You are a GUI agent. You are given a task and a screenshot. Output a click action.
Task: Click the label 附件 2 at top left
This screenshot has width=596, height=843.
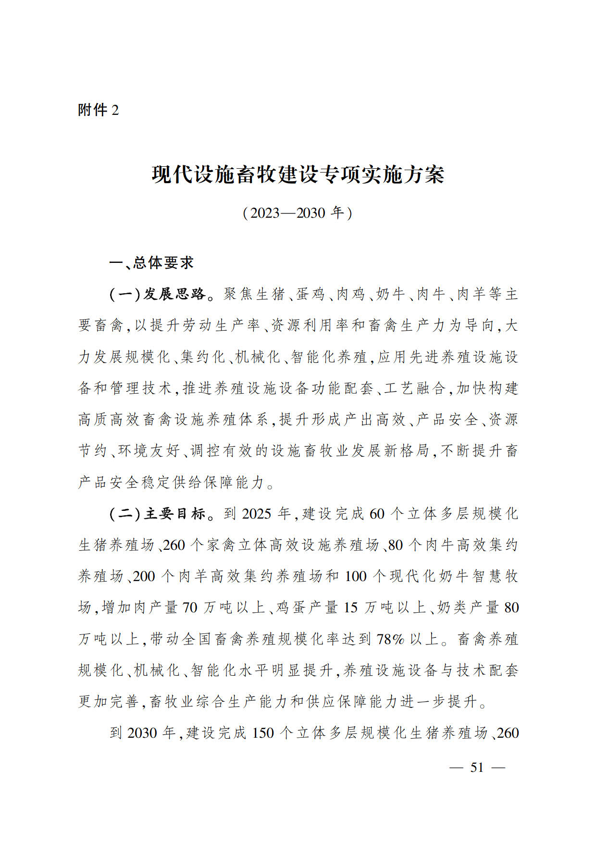coord(98,110)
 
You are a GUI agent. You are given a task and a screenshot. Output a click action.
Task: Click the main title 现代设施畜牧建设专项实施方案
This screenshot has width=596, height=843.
coord(298,174)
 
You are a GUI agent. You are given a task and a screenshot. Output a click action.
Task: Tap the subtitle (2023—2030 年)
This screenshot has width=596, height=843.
coord(298,212)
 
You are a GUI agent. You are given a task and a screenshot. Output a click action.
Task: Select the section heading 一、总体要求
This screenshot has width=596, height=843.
coord(151,262)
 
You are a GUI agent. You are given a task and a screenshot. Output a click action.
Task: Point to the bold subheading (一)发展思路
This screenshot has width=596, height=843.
coord(158,294)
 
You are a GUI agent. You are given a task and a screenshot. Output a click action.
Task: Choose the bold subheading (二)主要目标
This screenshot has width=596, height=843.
coord(158,514)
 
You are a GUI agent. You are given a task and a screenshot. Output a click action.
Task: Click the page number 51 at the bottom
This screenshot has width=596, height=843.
coord(477,768)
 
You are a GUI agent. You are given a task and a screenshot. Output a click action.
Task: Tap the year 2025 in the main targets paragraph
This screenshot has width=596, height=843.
coord(257,514)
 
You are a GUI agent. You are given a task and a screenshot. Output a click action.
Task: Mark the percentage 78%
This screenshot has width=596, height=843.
coord(391,639)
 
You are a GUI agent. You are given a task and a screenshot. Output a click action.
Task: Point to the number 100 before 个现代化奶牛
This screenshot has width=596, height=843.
coord(356,576)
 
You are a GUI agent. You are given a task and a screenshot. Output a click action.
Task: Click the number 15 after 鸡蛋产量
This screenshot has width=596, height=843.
coord(350,607)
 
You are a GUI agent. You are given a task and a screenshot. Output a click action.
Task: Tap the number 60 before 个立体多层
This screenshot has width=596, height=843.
coord(377,514)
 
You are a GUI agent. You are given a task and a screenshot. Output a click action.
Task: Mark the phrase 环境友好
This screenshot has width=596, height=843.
coord(149,451)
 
